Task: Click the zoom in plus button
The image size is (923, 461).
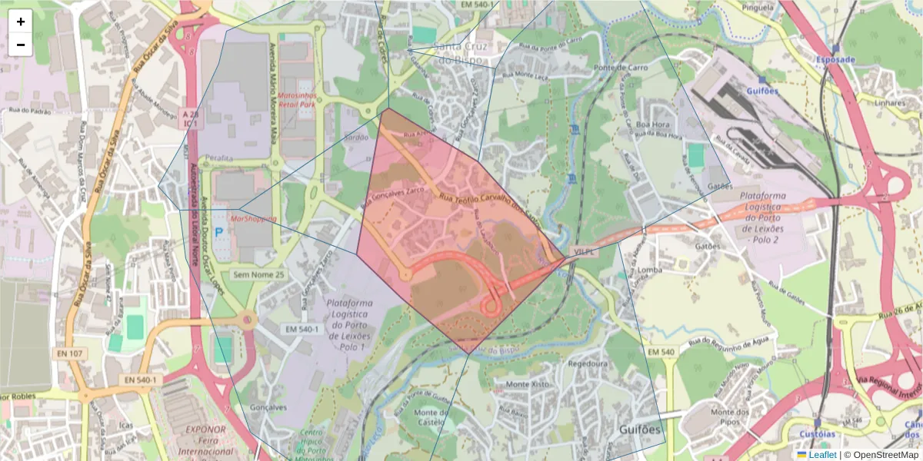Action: pos(21,22)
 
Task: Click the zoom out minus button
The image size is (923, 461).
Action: pos(21,45)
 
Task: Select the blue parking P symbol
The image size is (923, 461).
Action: pos(218,230)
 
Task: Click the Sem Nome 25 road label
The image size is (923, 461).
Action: pos(258,274)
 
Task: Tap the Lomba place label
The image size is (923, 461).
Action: pos(650,270)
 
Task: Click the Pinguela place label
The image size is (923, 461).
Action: pos(758,7)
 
